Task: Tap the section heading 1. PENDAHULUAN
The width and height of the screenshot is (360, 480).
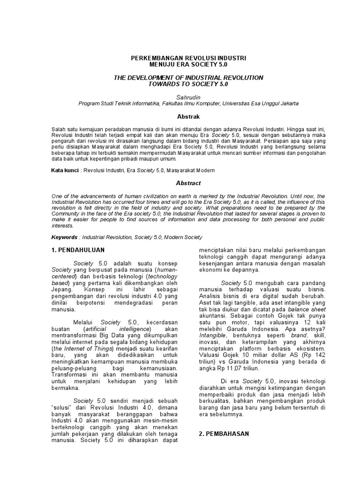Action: (x=78, y=250)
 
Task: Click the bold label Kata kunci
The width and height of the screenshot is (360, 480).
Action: (x=65, y=171)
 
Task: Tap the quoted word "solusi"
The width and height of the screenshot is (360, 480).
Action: (x=61, y=409)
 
